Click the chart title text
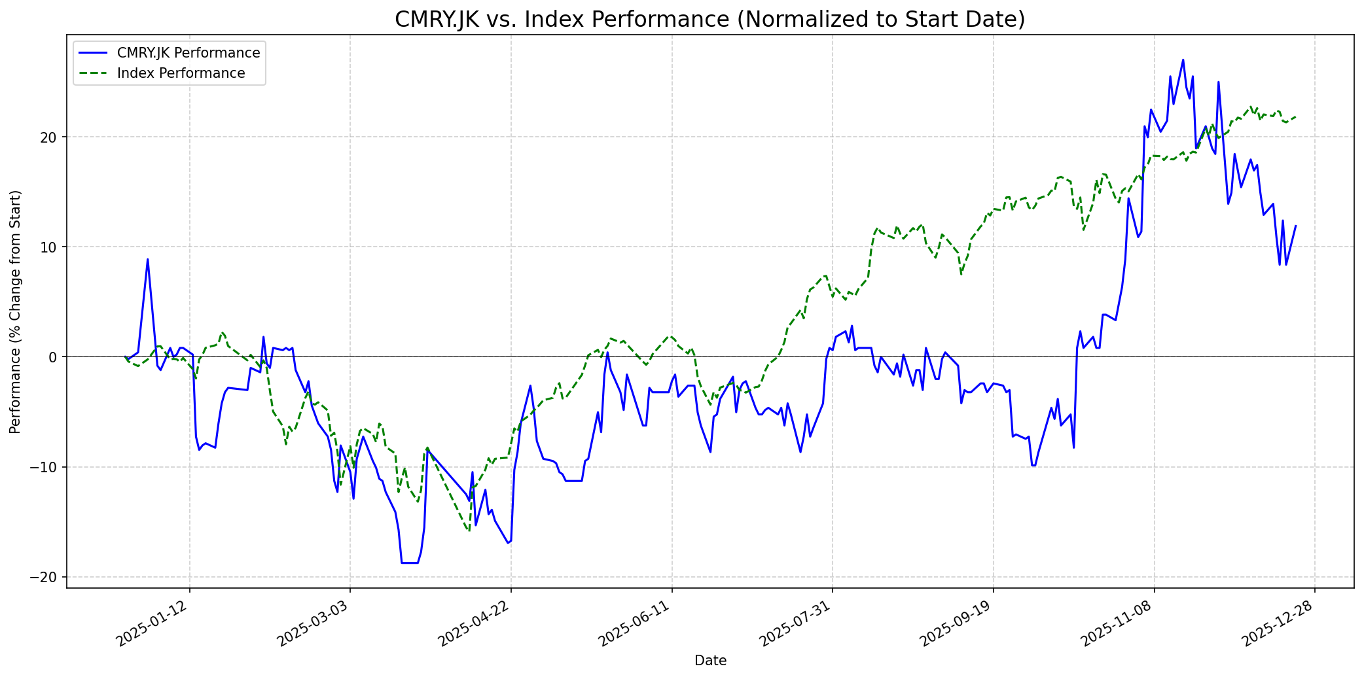click(709, 20)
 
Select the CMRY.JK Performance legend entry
click(188, 53)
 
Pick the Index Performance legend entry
click(181, 73)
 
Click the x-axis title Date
click(710, 661)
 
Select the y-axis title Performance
click(16, 311)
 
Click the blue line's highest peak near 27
click(1183, 60)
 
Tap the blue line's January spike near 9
click(147, 260)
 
